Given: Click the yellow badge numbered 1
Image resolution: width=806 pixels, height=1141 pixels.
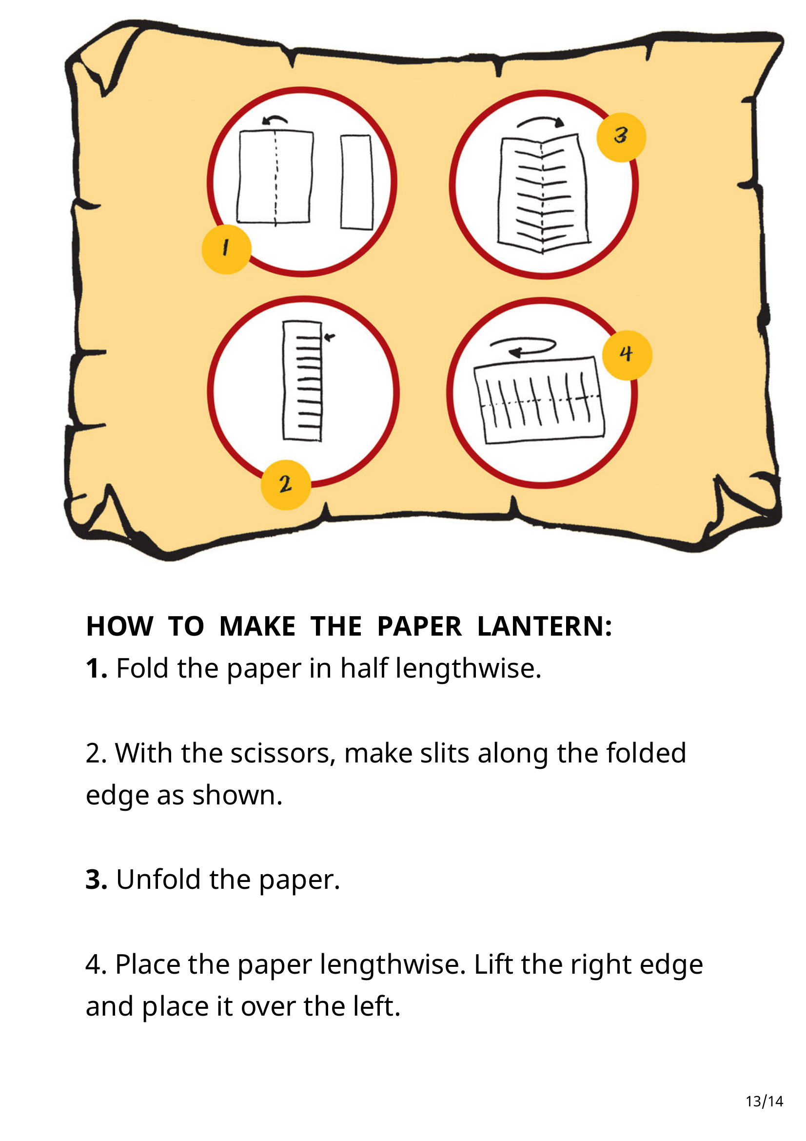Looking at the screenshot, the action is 226,249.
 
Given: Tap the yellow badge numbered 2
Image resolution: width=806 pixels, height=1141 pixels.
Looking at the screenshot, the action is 286,484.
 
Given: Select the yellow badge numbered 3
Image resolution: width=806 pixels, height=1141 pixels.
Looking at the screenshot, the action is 621,137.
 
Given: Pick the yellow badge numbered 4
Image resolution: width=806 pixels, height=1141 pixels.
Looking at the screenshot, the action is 627,355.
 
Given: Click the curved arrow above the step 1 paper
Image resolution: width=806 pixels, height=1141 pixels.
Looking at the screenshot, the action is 275,119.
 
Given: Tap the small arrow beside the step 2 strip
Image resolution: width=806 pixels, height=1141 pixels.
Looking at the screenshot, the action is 329,338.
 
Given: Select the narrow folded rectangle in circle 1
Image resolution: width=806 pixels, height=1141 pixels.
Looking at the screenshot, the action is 356,182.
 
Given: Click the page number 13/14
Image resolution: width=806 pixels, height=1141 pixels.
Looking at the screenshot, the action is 764,1101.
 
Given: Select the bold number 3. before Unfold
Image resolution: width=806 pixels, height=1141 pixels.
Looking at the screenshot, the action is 97,879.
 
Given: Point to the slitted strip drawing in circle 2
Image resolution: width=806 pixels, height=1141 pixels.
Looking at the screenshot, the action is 302,380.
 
